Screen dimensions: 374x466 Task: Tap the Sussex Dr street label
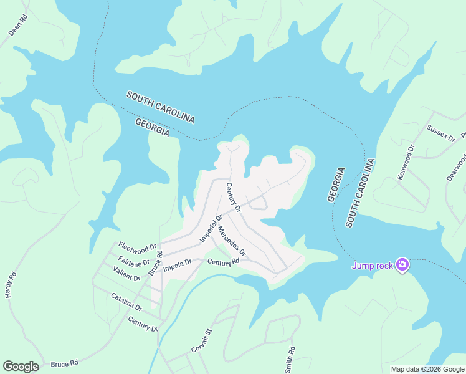coord(441,132)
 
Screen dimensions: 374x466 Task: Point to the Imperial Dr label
coord(211,229)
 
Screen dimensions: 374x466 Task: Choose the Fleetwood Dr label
coord(136,246)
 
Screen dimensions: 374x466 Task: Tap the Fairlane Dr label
coord(133,259)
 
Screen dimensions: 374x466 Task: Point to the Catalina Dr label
coord(126,302)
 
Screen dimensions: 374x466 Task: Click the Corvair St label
coord(202,341)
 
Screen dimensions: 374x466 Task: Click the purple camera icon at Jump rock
coord(402,265)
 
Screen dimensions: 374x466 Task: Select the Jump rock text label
coord(373,266)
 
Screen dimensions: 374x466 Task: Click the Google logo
coord(21,367)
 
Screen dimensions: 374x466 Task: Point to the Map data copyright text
coord(427,369)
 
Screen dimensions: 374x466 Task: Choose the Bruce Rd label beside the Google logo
coord(64,363)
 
